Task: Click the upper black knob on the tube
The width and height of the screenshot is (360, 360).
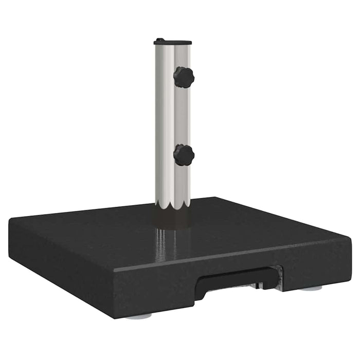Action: coord(184,77)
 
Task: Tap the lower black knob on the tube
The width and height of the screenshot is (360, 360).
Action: coord(184,155)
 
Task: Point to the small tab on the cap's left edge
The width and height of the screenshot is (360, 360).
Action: coord(159,40)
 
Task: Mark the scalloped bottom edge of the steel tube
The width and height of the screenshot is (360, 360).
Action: coord(173,206)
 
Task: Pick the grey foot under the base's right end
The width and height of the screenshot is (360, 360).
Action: coord(311,288)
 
